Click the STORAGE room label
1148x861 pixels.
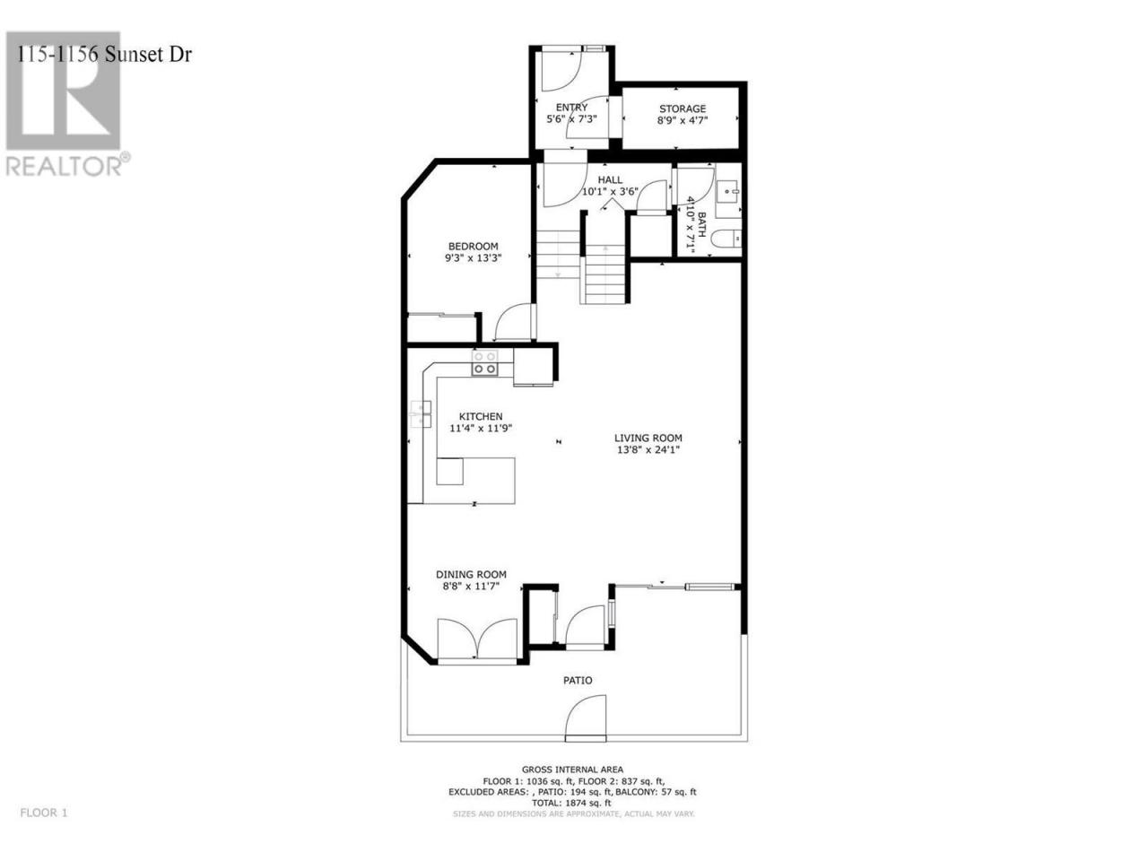[682, 109]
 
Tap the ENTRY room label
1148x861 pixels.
[571, 107]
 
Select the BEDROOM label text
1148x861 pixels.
[474, 247]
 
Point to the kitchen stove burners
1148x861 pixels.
[484, 363]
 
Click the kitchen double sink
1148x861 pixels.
[421, 414]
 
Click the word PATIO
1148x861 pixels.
[578, 680]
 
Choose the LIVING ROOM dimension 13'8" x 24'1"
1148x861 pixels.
[648, 449]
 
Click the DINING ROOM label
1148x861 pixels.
[471, 575]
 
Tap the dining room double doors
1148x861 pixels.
[477, 639]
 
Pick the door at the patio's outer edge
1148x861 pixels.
[586, 718]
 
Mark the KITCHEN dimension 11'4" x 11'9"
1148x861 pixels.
[481, 428]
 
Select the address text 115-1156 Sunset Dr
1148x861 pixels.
[105, 55]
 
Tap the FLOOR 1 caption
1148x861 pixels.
[44, 828]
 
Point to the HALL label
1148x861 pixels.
[611, 180]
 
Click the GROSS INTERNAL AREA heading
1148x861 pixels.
[572, 770]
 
